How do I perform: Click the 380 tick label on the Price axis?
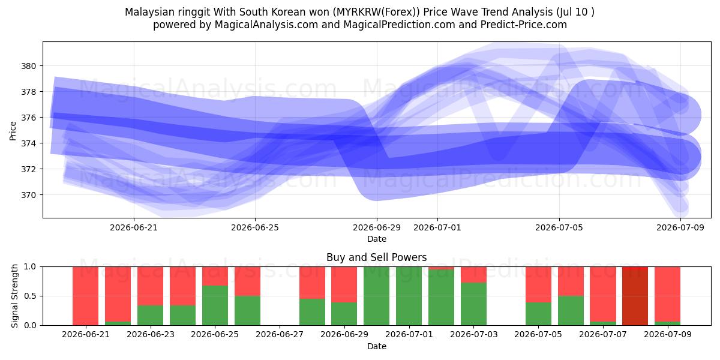[x=28, y=66]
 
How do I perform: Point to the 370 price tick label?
[x=28, y=195]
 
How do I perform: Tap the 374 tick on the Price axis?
[x=28, y=143]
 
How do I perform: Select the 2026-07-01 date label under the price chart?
[x=437, y=228]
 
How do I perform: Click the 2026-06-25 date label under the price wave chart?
[x=255, y=228]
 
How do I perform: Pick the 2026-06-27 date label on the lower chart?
[x=280, y=335]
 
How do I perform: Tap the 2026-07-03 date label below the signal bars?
[x=474, y=335]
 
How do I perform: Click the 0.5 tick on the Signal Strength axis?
[x=30, y=296]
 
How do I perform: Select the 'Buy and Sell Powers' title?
[x=377, y=257]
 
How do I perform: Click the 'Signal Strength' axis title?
[x=14, y=296]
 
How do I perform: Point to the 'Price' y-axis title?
[x=13, y=131]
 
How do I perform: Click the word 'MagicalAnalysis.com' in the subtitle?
[x=266, y=25]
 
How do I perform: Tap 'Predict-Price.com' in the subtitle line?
[x=524, y=25]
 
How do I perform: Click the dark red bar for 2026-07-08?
[x=635, y=296]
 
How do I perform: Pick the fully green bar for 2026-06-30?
[x=376, y=296]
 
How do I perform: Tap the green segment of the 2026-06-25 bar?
[x=215, y=305]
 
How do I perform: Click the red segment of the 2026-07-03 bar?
[x=474, y=275]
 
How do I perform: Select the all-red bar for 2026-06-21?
[x=85, y=296]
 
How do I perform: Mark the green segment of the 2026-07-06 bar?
[x=571, y=311]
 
